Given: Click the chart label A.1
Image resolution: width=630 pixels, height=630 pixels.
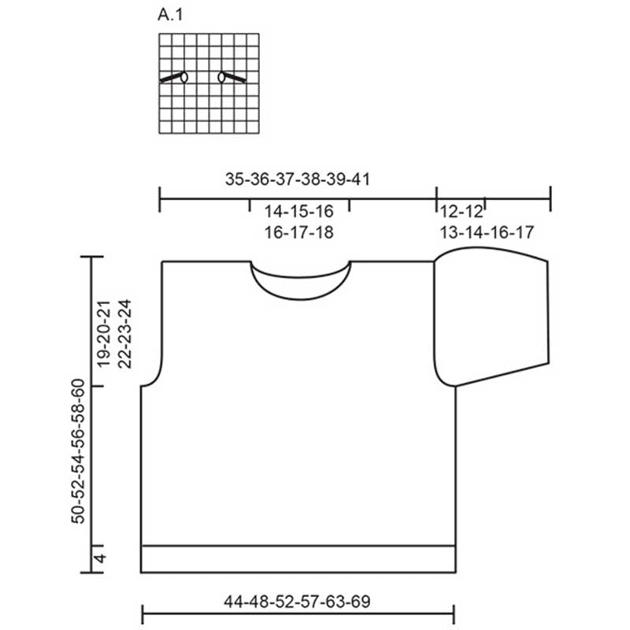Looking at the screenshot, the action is point(170,15).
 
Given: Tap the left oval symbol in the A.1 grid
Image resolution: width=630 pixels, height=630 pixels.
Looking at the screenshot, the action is point(184,76).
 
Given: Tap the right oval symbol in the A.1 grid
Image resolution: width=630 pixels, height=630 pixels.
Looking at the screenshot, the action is point(221,76).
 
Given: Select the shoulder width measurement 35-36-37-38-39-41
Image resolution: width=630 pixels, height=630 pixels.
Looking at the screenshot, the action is point(298,180).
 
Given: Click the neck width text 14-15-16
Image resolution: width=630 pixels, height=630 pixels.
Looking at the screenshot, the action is point(299,211).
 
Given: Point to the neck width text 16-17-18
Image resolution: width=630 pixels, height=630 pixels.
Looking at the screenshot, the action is point(299,232).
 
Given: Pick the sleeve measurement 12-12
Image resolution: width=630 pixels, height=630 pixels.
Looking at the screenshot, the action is point(461,211).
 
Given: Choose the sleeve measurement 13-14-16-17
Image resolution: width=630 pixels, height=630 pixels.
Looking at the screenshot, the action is point(487,232).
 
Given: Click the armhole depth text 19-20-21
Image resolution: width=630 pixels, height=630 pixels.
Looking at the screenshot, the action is point(104,333).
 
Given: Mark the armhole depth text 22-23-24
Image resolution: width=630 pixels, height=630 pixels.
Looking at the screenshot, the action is point(124,333).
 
